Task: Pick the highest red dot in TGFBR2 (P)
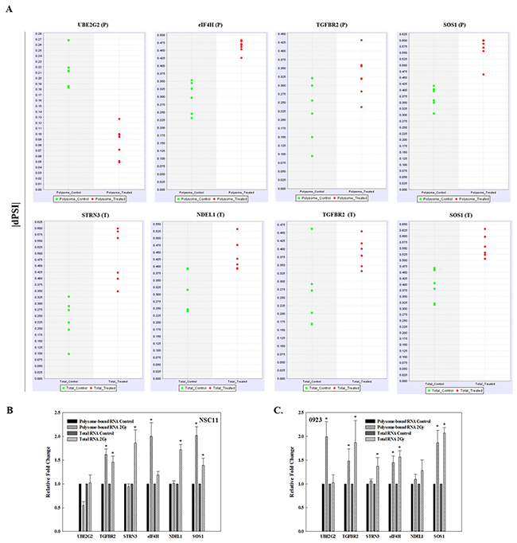click(361, 40)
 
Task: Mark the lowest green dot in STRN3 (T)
click(69, 354)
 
